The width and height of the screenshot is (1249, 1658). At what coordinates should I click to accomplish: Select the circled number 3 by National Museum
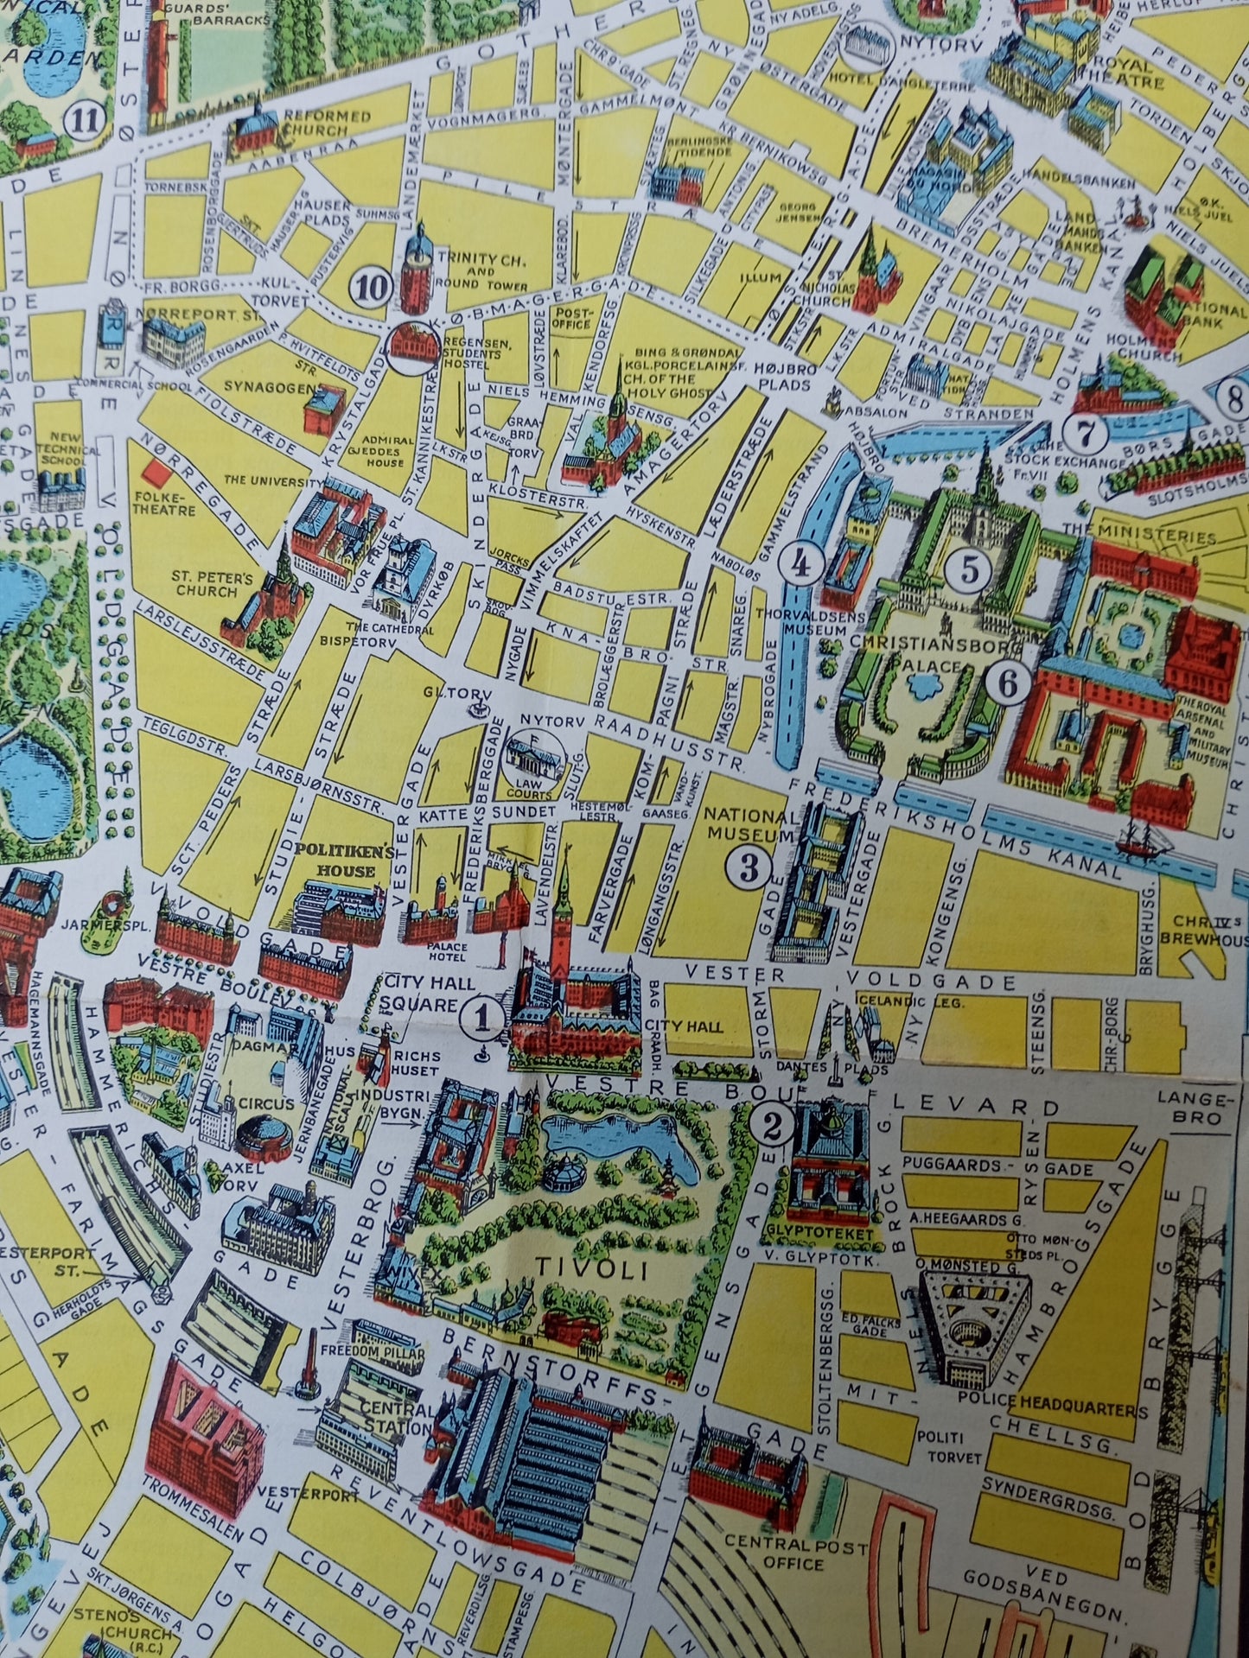coord(749,867)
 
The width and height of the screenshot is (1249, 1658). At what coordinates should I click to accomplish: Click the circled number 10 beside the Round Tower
coord(373,287)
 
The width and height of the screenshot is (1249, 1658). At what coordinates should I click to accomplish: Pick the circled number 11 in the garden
coord(87,118)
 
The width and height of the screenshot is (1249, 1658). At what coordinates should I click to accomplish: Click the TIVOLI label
coord(567,1267)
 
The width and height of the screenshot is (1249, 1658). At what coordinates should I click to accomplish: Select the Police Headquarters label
coord(1068,1410)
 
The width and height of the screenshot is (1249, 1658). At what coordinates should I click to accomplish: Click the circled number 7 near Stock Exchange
coord(1087,431)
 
